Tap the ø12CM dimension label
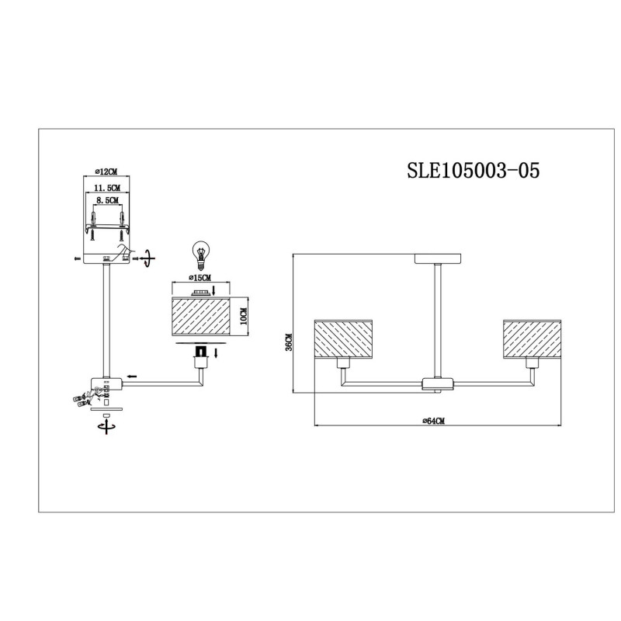[106, 172]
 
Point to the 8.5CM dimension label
[106, 201]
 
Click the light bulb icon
[201, 253]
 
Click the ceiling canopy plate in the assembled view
[439, 258]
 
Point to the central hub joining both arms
[438, 382]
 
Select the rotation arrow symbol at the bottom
[106, 425]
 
